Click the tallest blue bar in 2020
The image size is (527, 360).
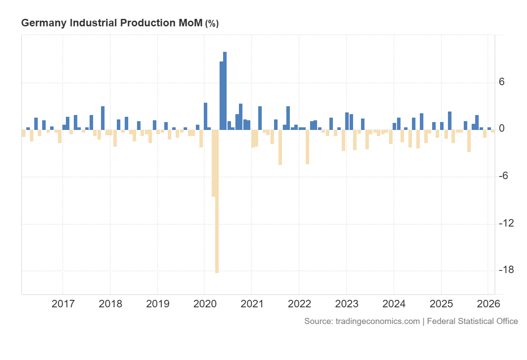coord(225,90)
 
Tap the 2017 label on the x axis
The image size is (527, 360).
coord(63,304)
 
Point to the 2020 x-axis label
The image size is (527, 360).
coord(205,304)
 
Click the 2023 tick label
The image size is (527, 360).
coord(347,304)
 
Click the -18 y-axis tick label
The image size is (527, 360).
coord(506,270)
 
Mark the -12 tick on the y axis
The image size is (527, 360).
coord(506,223)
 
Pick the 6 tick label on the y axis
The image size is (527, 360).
coord(502,83)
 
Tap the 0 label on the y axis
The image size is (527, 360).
coord(502,129)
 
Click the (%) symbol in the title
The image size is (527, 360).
coord(212,24)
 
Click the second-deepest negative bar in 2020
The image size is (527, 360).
coord(213,163)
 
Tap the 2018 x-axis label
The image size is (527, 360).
coord(110,304)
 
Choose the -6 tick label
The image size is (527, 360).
coord(504,176)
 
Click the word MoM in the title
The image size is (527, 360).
coord(190,23)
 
